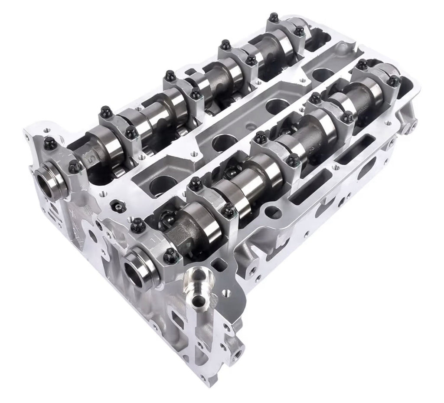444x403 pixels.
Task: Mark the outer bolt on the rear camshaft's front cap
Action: click(50, 143)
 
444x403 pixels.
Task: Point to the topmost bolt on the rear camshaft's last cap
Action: click(274, 18)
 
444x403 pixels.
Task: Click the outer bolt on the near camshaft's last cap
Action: click(393, 81)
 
